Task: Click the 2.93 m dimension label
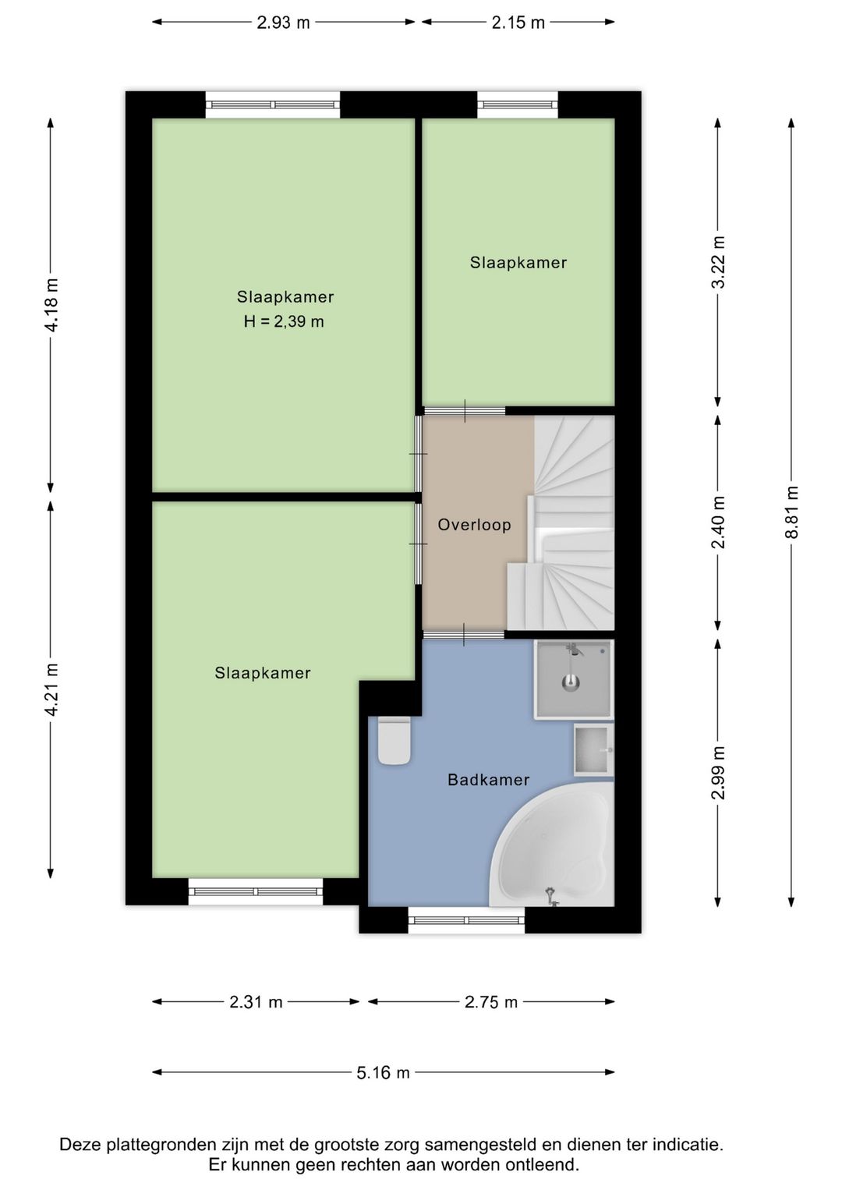pyautogui.click(x=283, y=23)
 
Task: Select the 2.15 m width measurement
pyautogui.click(x=518, y=23)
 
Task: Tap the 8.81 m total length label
pyautogui.click(x=791, y=512)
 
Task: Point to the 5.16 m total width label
pyautogui.click(x=383, y=1072)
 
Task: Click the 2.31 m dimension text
pyautogui.click(x=256, y=1002)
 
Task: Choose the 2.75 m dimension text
pyautogui.click(x=491, y=1002)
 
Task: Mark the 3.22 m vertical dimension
pyautogui.click(x=718, y=262)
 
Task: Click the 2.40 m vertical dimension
pyautogui.click(x=718, y=522)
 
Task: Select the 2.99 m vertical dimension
pyautogui.click(x=718, y=773)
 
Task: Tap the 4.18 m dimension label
pyautogui.click(x=51, y=305)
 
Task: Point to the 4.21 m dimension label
pyautogui.click(x=51, y=689)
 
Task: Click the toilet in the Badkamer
pyautogui.click(x=394, y=741)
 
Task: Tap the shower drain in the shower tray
pyautogui.click(x=571, y=684)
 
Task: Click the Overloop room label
pyautogui.click(x=474, y=525)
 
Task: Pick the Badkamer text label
pyautogui.click(x=489, y=780)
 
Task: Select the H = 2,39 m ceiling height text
pyautogui.click(x=284, y=321)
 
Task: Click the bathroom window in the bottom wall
pyautogui.click(x=466, y=919)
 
